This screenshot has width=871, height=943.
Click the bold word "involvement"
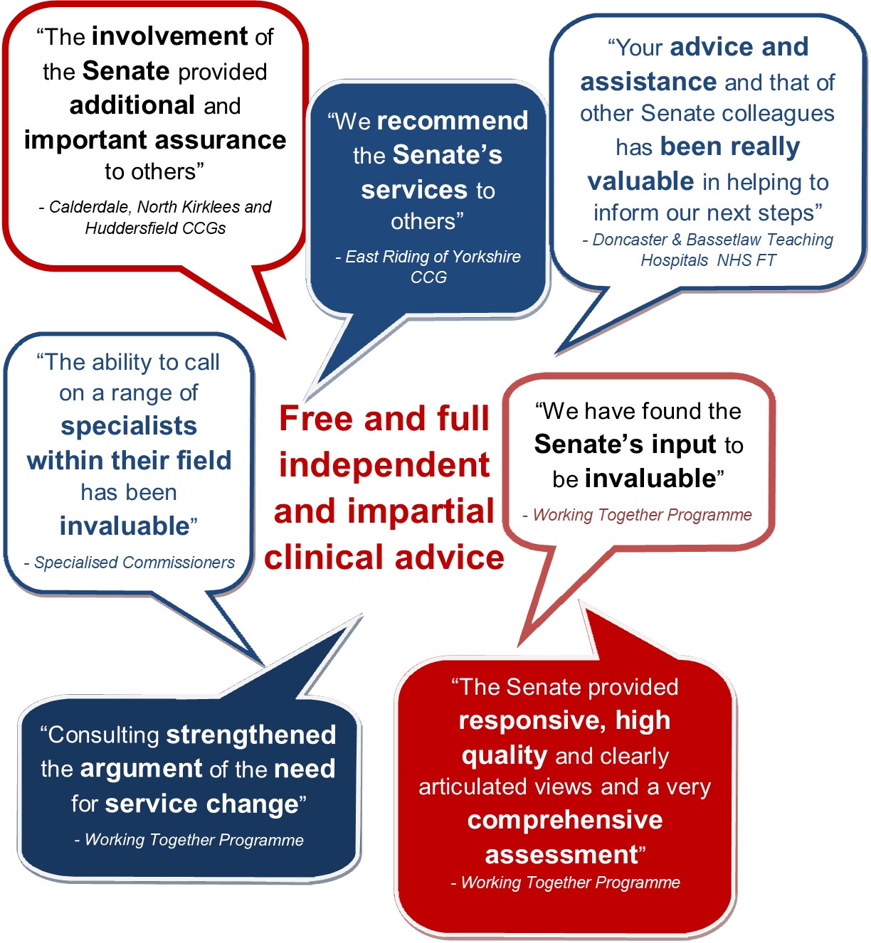(x=169, y=36)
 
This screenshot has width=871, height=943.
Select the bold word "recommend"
(x=453, y=121)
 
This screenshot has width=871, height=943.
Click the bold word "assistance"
(x=648, y=82)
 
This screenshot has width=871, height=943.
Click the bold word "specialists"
(x=129, y=427)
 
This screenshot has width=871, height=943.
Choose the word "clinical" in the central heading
(x=324, y=558)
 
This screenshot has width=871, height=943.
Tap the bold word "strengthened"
(x=251, y=735)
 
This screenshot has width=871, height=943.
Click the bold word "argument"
(x=142, y=769)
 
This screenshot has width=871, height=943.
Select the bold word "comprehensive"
(x=564, y=820)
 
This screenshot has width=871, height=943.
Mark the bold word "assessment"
(x=561, y=855)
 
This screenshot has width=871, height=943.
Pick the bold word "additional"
(x=132, y=105)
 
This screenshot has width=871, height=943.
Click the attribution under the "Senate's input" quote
(x=637, y=515)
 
